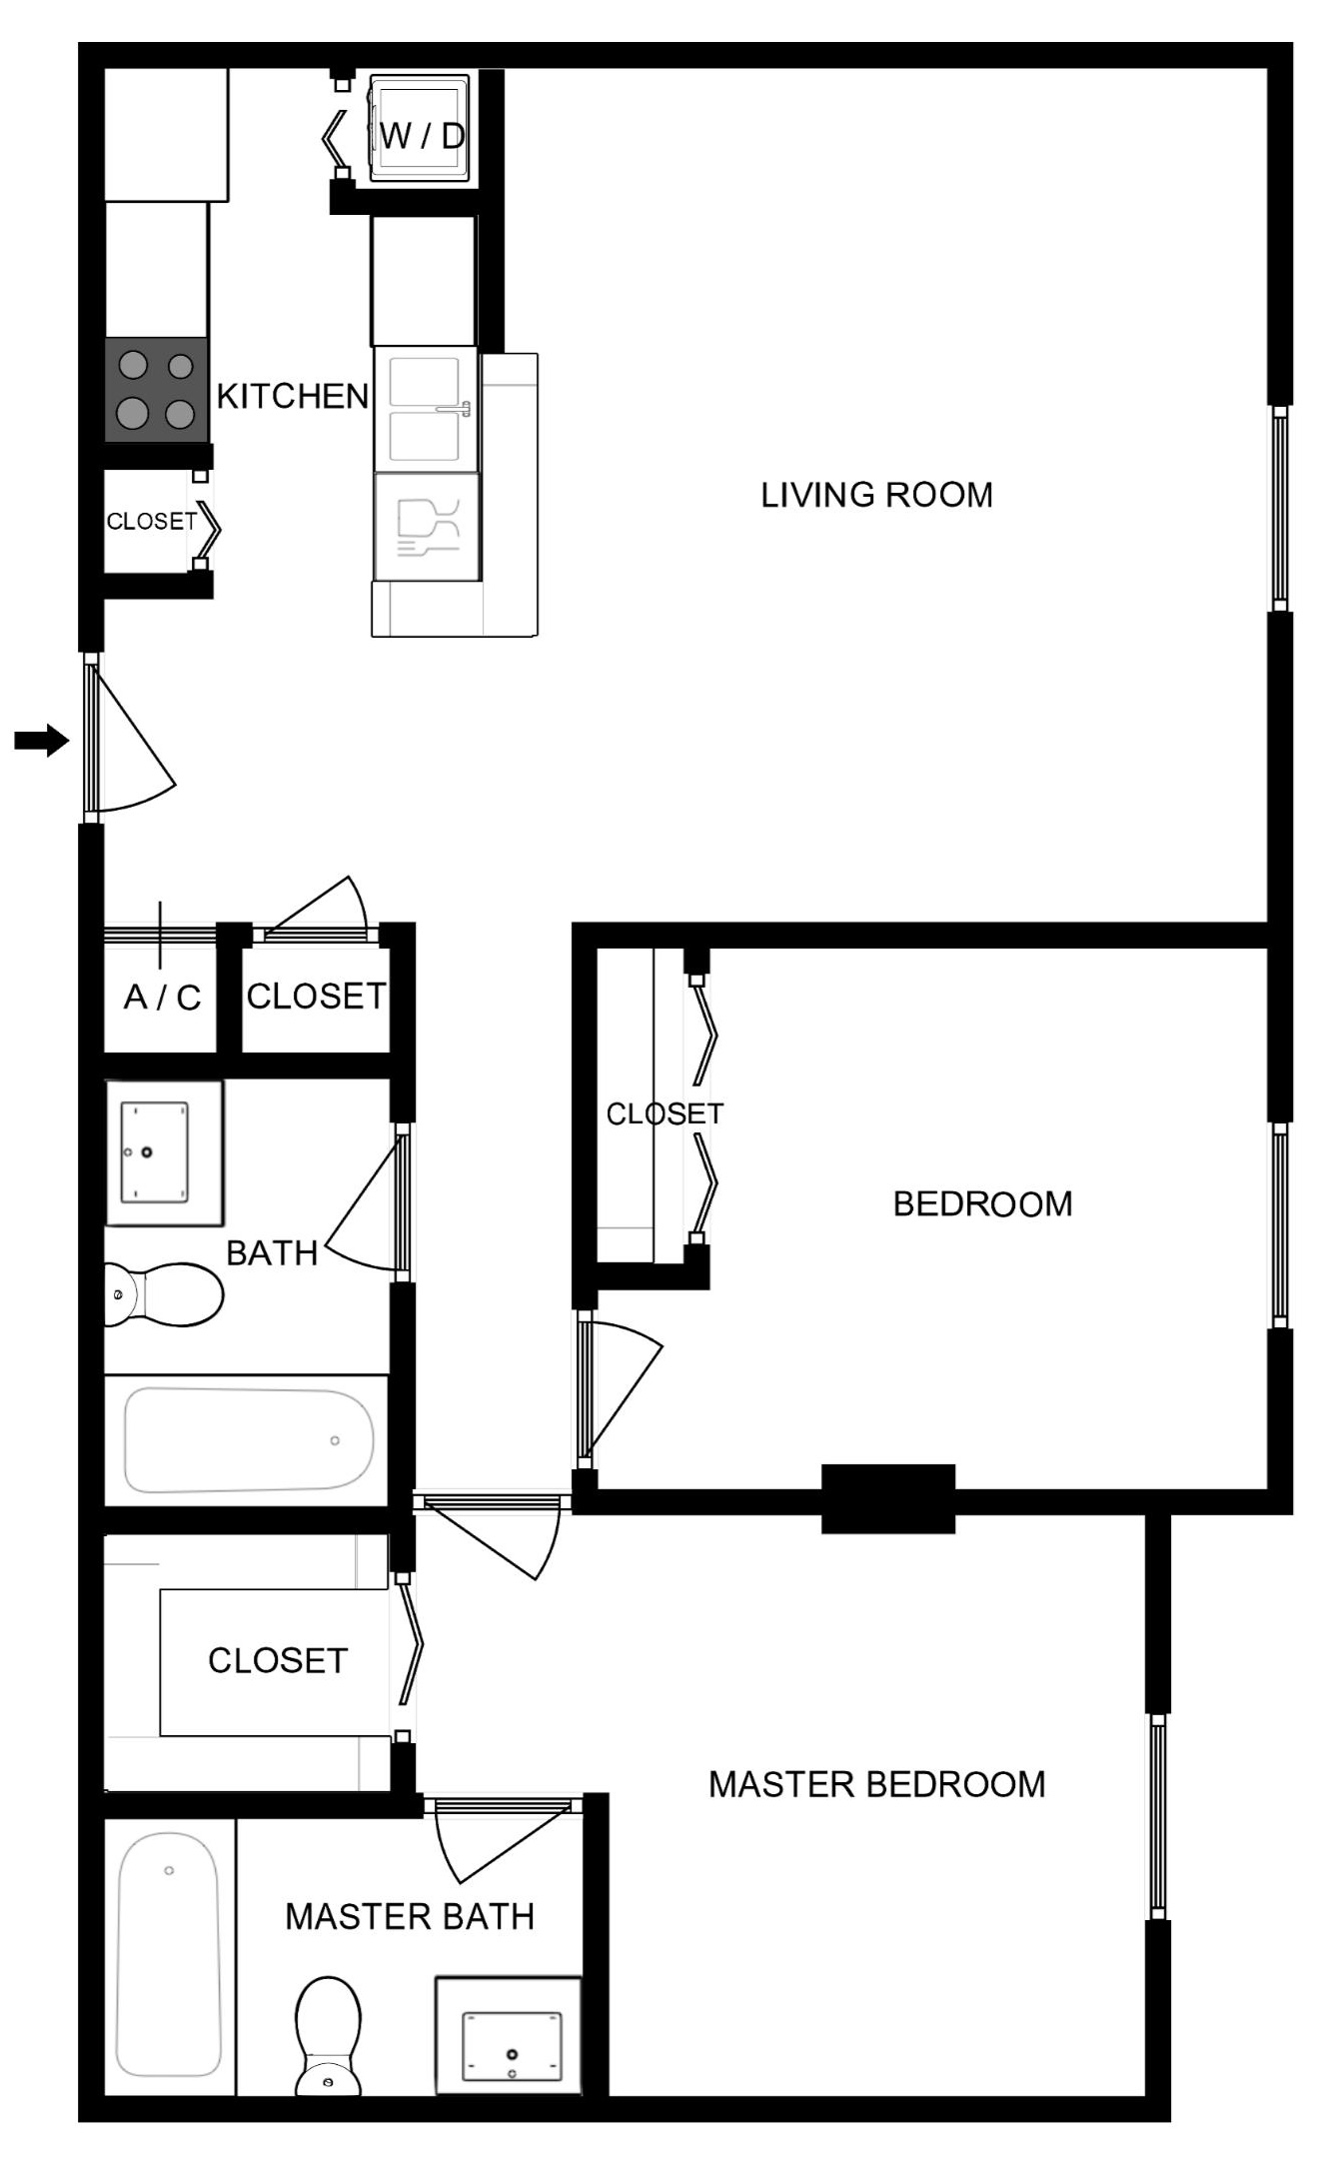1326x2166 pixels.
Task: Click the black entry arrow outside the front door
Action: coord(41,741)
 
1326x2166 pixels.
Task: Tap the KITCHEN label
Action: coord(293,397)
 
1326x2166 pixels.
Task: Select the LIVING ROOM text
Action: coord(876,495)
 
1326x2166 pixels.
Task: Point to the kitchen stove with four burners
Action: coord(157,390)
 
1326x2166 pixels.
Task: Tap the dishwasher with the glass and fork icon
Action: coord(427,527)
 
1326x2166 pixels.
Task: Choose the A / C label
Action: coord(162,997)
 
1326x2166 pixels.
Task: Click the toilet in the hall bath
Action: coord(163,1293)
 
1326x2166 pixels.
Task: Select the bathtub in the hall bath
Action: coord(248,1439)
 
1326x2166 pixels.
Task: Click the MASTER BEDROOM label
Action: coord(876,1784)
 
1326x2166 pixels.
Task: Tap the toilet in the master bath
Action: coord(328,2034)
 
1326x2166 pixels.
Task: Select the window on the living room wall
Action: coord(1279,508)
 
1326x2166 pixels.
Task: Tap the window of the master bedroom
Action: coord(1157,1816)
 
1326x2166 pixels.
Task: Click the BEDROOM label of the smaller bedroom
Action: coord(982,1203)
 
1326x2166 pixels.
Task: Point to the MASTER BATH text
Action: coord(410,1917)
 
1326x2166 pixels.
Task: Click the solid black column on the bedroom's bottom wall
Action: coord(888,1499)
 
